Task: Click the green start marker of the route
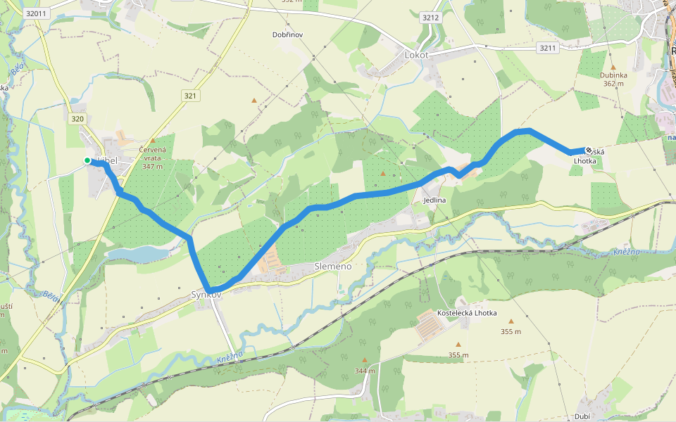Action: (87, 161)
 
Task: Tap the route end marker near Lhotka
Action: (589, 150)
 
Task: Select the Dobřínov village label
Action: (287, 34)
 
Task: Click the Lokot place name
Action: (416, 55)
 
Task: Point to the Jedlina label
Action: (434, 200)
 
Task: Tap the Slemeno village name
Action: (332, 267)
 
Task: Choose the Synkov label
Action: (206, 295)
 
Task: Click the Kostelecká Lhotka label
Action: (467, 313)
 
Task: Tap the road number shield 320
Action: (77, 120)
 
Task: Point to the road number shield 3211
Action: (546, 48)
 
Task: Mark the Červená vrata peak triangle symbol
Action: (152, 141)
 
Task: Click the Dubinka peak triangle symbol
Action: (613, 67)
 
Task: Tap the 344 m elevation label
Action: (364, 371)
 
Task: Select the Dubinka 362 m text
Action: (613, 79)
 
